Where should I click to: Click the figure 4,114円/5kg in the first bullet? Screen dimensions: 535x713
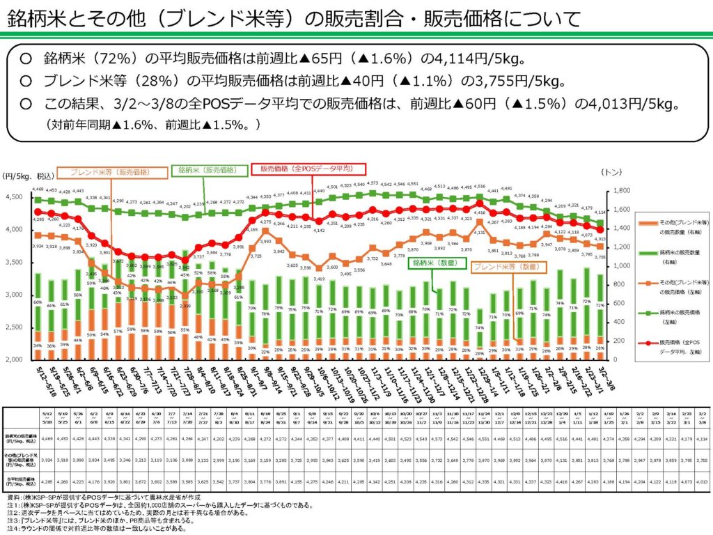click(467, 58)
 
